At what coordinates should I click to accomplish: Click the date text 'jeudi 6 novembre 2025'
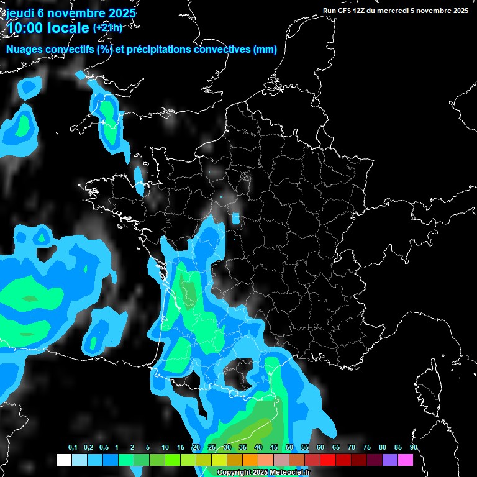pos(71,13)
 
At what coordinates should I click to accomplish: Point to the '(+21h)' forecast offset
pos(107,28)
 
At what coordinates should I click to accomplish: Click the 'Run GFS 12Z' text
pos(345,11)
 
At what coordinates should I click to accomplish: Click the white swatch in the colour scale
pos(64,460)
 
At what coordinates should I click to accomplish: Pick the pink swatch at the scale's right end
pos(406,460)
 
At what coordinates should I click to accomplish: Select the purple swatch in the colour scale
pos(390,460)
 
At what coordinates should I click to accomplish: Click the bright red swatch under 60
pos(328,460)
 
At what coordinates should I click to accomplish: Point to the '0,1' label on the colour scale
pos(73,448)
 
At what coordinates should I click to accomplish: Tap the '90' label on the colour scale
pos(414,448)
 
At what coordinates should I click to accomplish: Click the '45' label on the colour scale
pos(274,448)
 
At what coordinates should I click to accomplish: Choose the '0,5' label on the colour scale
pos(104,448)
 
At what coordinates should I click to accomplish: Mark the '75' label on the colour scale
pos(367,448)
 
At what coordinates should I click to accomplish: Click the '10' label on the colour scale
pos(165,448)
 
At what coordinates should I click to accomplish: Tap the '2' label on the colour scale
pos(132,448)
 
